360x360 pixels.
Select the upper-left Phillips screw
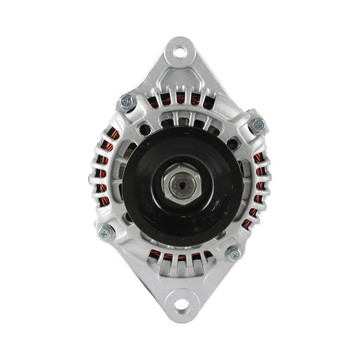[126, 102]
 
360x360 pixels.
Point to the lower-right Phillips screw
[233, 254]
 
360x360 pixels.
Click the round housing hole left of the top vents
[143, 124]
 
